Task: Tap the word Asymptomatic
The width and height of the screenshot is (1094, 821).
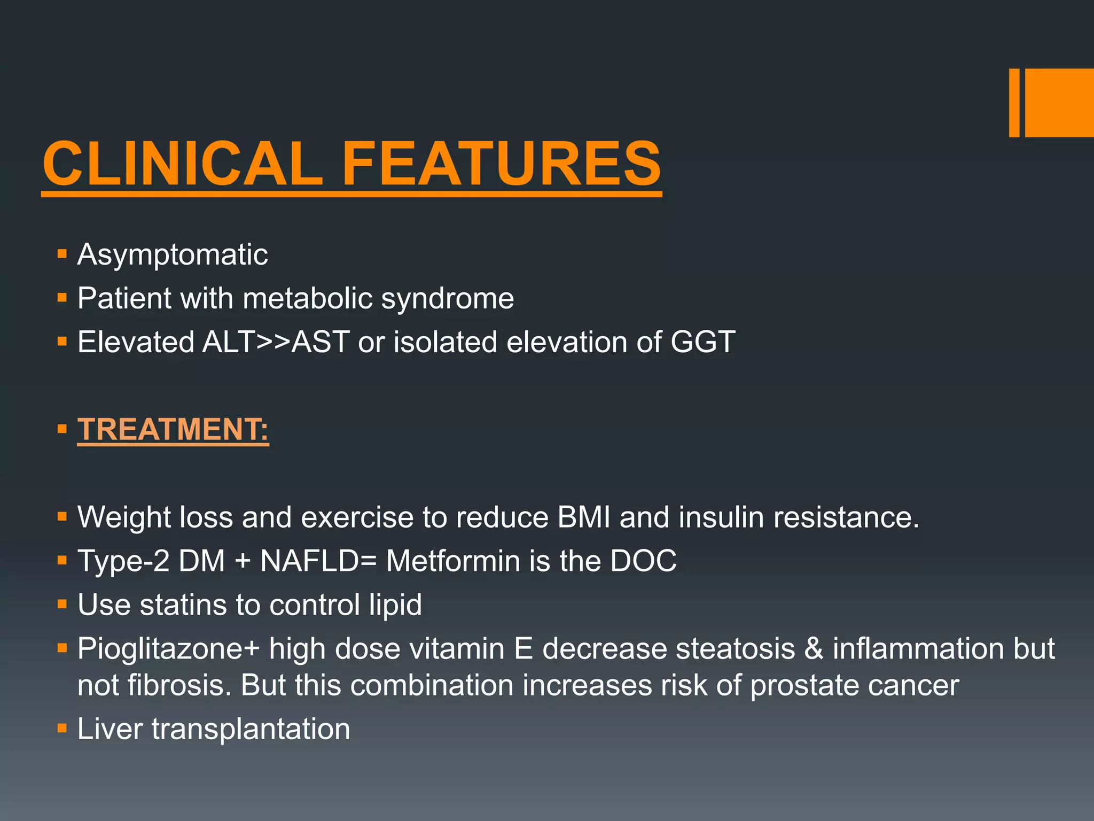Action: (x=173, y=254)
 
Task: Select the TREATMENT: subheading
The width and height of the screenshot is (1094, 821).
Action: (x=173, y=429)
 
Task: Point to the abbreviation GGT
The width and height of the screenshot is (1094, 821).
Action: (x=702, y=342)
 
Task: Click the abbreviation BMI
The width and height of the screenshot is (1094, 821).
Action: (x=583, y=517)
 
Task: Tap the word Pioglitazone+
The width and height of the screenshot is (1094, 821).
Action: (x=168, y=649)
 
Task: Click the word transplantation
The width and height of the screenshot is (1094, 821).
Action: (x=251, y=729)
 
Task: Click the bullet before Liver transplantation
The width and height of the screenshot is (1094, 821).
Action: (x=62, y=728)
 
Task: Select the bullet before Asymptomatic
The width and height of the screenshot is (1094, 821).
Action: (x=62, y=253)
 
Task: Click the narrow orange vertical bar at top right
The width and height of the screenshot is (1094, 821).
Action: (x=1014, y=103)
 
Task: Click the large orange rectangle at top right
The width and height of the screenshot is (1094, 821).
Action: (x=1059, y=103)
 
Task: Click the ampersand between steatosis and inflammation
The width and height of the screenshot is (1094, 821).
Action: (x=814, y=649)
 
